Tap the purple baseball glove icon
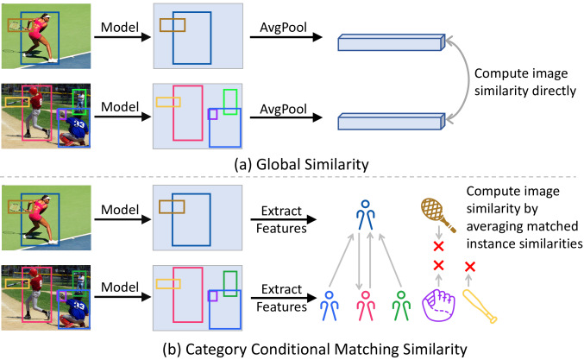[x=437, y=305]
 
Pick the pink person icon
[x=366, y=306]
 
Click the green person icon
[x=401, y=306]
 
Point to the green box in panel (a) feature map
[x=230, y=101]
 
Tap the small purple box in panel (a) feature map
[x=212, y=113]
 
